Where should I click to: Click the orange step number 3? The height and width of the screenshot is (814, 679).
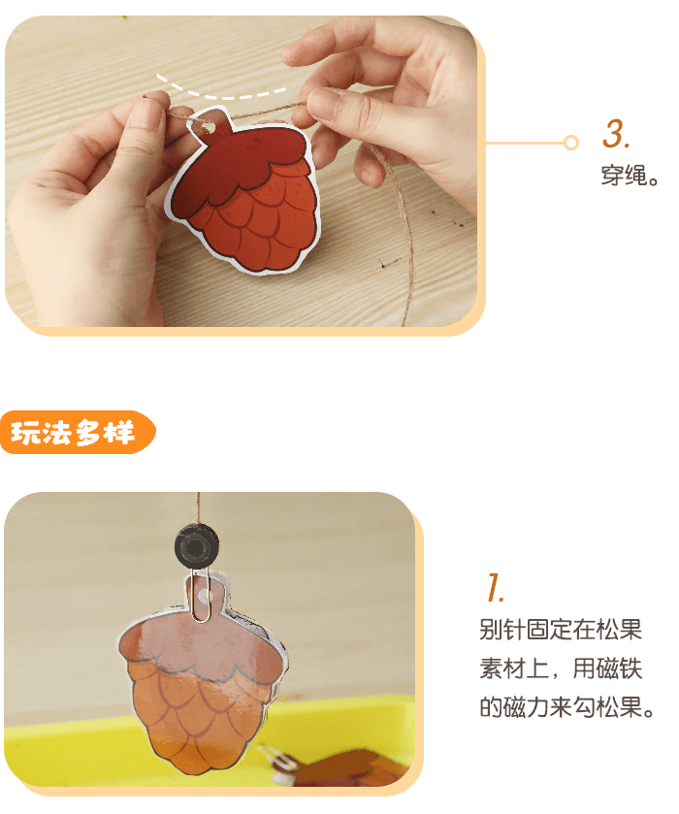tap(617, 135)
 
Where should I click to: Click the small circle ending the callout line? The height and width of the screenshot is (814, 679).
tap(571, 143)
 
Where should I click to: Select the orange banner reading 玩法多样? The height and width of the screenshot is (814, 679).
tap(76, 434)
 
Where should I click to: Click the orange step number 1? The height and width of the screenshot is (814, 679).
tap(495, 588)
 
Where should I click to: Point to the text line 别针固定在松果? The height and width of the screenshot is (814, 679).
tap(561, 630)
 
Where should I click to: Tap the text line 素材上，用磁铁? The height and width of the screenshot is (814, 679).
tap(561, 669)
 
